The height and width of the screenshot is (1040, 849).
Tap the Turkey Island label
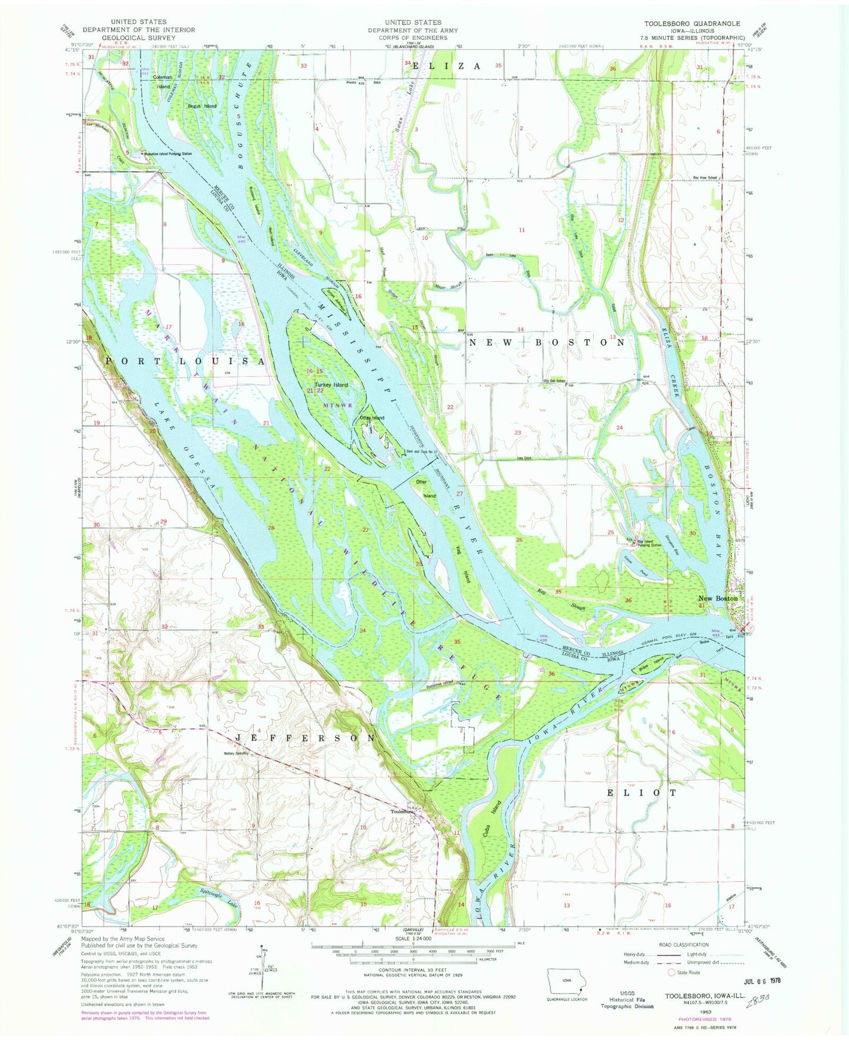pos(331,385)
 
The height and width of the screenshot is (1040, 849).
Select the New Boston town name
pos(717,598)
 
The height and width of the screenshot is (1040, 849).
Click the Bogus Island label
pos(202,106)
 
